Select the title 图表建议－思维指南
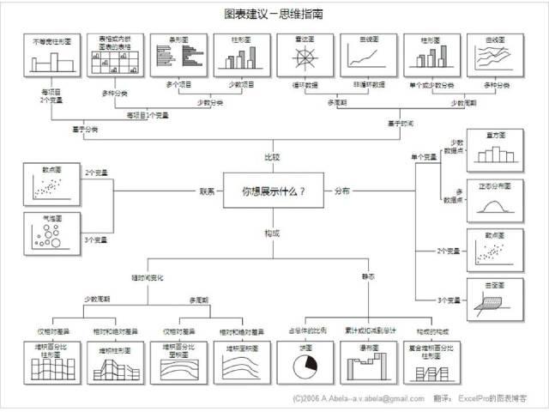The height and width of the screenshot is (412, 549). (x=274, y=14)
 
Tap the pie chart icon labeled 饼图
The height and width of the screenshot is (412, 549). (x=304, y=363)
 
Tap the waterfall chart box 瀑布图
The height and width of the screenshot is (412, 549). (x=366, y=364)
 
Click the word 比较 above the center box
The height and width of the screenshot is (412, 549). (x=273, y=157)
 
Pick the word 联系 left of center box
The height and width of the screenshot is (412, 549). (x=207, y=191)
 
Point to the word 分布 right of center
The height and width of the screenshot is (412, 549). (x=341, y=191)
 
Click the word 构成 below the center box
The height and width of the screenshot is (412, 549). (x=273, y=233)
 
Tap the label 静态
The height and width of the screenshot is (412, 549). (x=367, y=276)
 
